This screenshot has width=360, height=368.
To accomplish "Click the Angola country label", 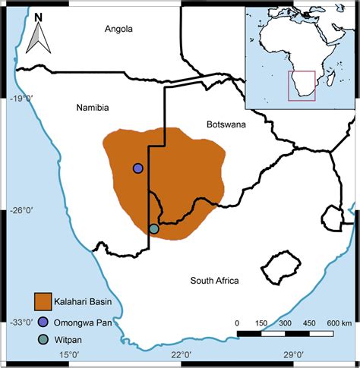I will coord(118,29).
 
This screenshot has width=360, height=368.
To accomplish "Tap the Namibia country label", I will coord(93,109).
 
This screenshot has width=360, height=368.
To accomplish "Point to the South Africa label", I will coord(215,281).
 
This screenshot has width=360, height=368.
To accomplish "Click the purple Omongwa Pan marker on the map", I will coord(137,168).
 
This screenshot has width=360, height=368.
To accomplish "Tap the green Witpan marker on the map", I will coord(153,228).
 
